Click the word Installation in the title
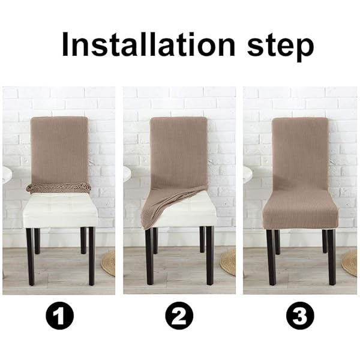149,44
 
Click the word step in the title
280,47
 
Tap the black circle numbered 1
59,316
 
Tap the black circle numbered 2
179,316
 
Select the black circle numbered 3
300,316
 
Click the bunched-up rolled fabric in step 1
58,188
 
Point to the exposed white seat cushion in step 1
60,210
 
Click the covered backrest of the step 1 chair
59,151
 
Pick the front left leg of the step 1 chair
31,257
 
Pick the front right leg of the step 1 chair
92,256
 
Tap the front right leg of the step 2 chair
210,256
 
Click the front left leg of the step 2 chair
149,257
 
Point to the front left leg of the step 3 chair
271,257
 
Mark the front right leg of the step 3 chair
332,257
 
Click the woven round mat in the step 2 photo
228,262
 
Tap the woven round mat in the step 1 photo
108,263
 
